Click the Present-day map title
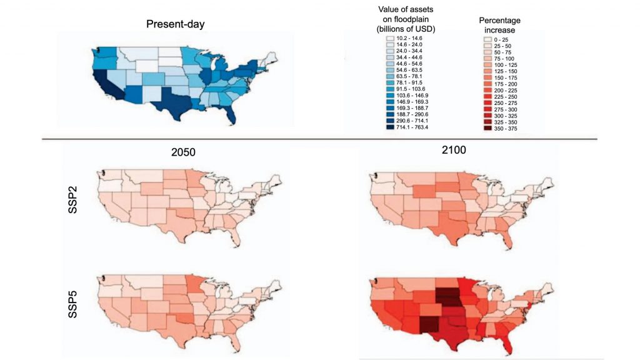[175, 24]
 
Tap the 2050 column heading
[186, 151]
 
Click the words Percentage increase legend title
[500, 24]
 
